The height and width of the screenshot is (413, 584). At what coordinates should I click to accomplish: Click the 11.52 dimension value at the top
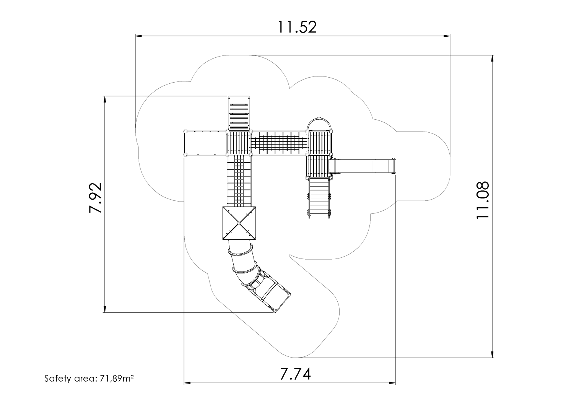[x=297, y=27]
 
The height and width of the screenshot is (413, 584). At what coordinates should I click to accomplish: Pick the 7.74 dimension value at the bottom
[x=295, y=374]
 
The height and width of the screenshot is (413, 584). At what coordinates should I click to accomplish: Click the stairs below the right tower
[x=319, y=197]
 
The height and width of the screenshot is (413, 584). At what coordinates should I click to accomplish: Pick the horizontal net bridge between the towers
[x=279, y=143]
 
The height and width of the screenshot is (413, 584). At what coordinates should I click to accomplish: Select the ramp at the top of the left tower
[x=239, y=113]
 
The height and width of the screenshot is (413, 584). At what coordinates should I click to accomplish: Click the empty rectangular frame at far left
[x=205, y=143]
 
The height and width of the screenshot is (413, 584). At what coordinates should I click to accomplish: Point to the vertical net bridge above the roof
[x=239, y=180]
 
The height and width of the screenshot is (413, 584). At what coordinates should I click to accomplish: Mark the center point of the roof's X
[x=239, y=223]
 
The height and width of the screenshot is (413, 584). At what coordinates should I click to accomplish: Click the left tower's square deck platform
[x=239, y=143]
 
